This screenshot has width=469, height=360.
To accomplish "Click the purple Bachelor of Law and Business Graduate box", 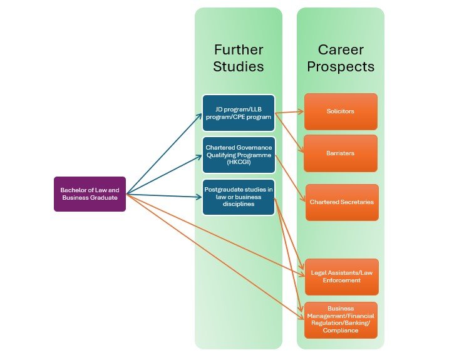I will coord(90,194).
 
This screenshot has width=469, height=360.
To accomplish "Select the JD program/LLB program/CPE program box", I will coord(239,112).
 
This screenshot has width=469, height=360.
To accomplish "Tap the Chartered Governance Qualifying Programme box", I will coord(239,155).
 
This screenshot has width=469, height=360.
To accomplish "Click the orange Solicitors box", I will coord(341,111).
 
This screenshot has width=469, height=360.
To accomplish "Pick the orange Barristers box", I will coord(341,153).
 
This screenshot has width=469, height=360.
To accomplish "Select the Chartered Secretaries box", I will coord(342,202).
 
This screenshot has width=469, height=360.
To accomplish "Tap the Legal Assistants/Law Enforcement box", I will coord(342,276).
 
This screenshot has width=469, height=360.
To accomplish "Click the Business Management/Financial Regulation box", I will coord(342,319).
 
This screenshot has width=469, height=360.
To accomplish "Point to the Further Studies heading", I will coord(239,58).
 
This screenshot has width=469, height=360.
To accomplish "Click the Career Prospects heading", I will coord(341,58).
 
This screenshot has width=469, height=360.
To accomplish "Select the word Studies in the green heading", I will coord(239,66).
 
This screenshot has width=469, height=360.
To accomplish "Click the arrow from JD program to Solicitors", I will coord(289,113).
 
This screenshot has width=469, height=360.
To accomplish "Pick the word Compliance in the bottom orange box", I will coord(341,330).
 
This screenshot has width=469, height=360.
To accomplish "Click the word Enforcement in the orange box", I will coord(342,280).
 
